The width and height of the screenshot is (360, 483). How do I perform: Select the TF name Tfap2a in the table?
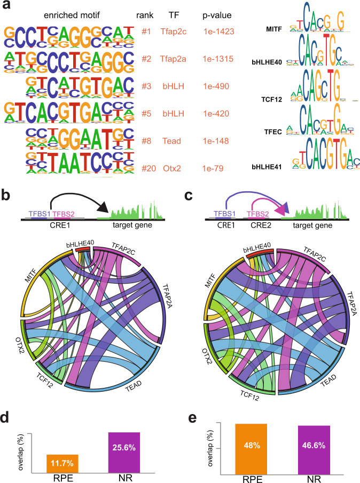(x=174, y=59)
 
